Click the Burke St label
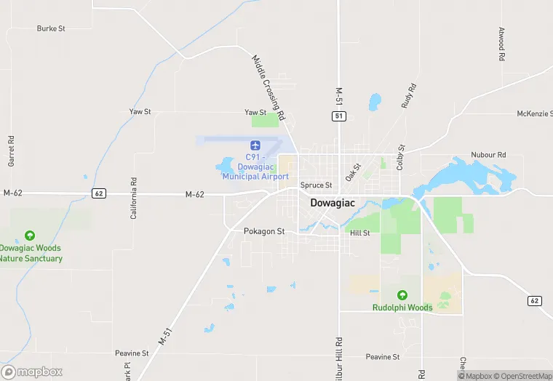pos(51,28)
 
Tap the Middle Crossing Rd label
pos(268,87)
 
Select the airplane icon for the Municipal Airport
pos(255,146)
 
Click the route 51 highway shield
pos(338,116)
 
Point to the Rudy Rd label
pos(409,96)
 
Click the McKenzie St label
pos(534,114)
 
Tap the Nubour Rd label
pos(488,155)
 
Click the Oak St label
pos(353,172)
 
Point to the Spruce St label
pos(316,185)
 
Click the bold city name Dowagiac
pos(333,203)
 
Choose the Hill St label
pos(359,233)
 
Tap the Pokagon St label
pos(264,231)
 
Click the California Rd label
pos(133,197)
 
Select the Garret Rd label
pos(12,151)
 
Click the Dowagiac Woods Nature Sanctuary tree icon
pos(29,236)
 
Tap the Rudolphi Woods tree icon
pos(402,294)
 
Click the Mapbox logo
pos(31,371)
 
